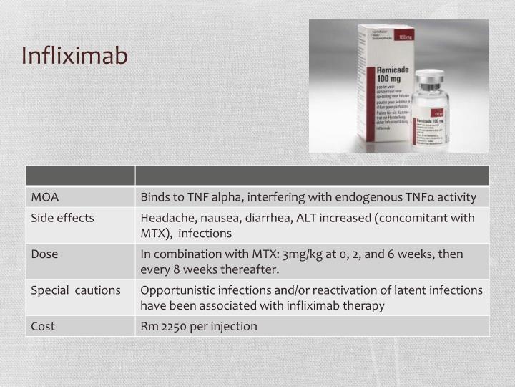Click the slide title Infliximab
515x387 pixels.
[74, 55]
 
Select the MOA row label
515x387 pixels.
[44, 197]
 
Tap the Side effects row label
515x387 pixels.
[62, 218]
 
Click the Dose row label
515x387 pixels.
[44, 254]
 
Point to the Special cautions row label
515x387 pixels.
[76, 290]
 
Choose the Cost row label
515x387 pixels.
[43, 326]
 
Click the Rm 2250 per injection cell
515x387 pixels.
[199, 326]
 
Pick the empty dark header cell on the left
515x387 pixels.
[80, 176]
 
